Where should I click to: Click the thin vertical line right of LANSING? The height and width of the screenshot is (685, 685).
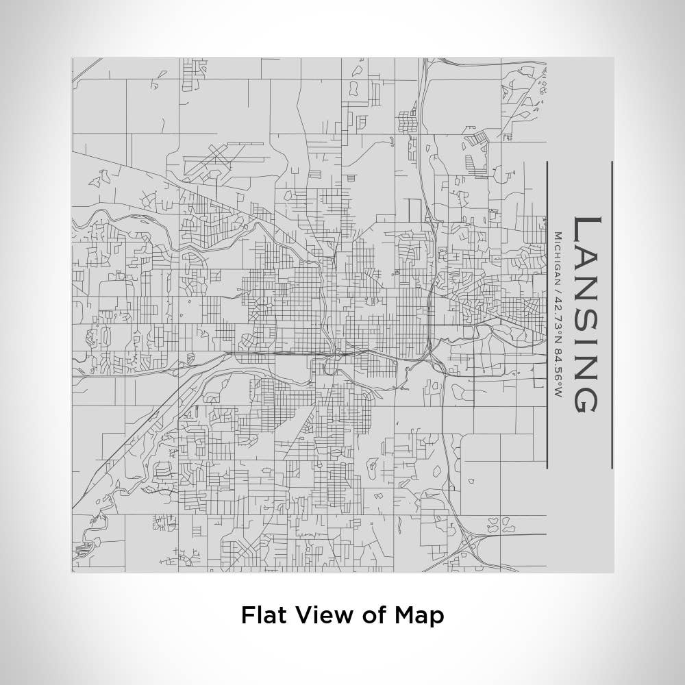[612, 315]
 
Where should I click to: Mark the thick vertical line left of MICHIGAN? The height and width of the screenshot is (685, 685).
[547, 315]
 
